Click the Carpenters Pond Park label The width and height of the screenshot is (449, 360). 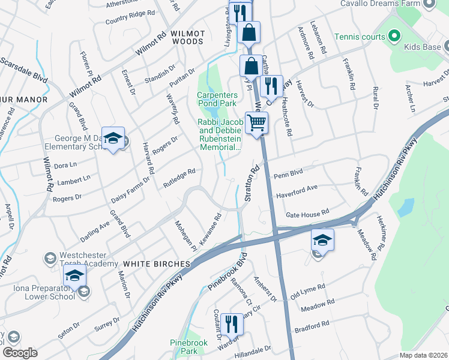coord(217,98)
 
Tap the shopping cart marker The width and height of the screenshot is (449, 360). coord(256,124)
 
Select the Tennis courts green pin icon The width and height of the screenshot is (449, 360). coord(393,37)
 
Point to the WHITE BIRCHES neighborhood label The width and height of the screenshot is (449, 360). coord(156,264)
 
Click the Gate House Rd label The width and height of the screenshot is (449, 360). coord(307,213)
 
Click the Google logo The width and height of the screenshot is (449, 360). coord(20,352)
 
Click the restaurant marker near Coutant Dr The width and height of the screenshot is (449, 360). coord(231,325)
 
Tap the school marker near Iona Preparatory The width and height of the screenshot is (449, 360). coord(74,275)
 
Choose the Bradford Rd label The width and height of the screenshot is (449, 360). coord(312,326)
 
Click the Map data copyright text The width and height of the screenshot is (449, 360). coord(424,355)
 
